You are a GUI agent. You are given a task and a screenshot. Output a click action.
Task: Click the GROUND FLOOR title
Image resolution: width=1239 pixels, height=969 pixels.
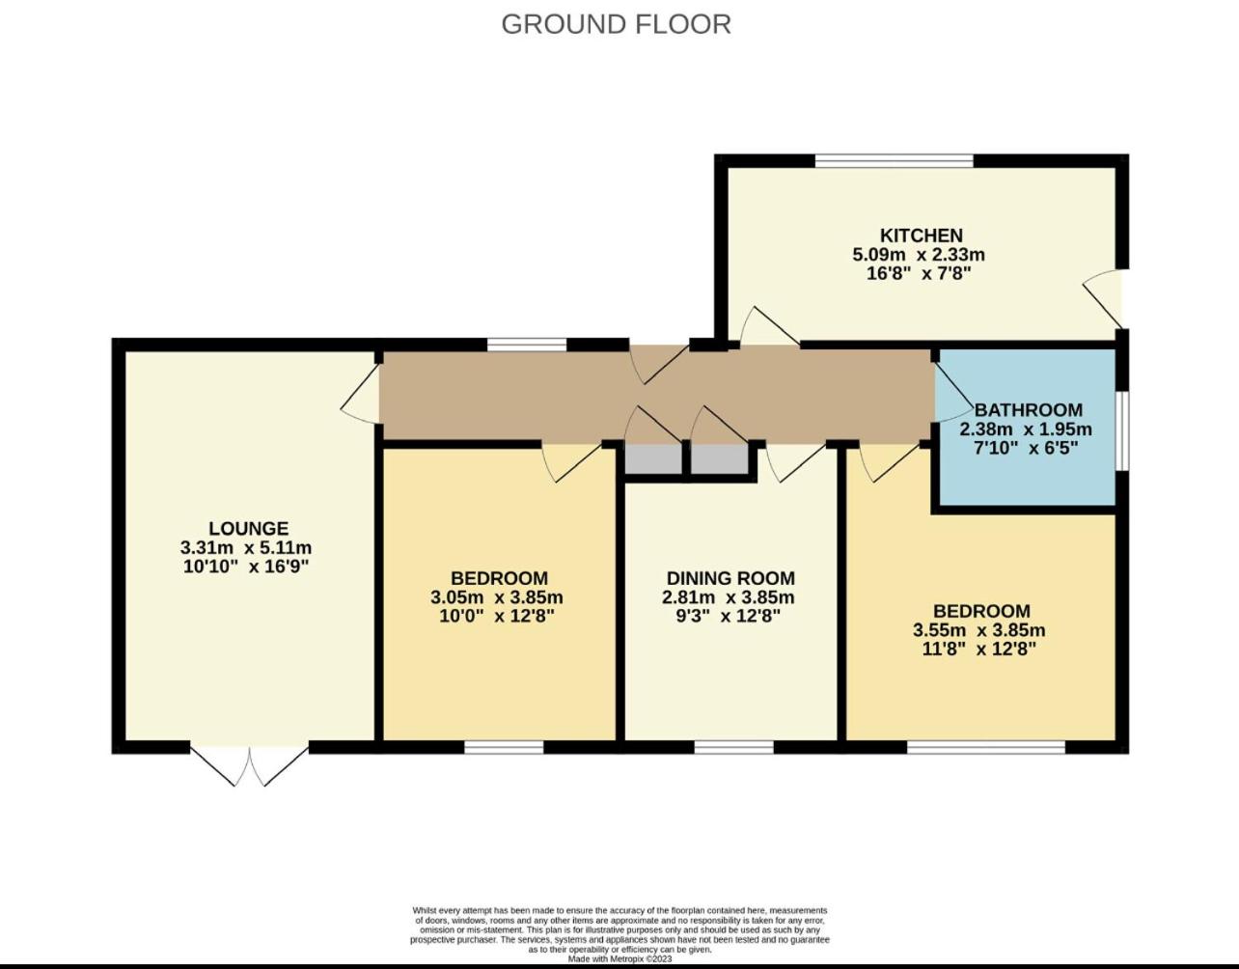[x=616, y=24]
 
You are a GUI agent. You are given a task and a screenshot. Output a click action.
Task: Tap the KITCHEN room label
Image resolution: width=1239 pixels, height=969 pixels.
[x=922, y=235]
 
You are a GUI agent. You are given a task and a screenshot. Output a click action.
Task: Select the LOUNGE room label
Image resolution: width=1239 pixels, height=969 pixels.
[x=249, y=528]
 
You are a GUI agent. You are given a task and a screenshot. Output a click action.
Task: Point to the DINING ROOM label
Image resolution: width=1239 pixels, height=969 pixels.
[x=730, y=578]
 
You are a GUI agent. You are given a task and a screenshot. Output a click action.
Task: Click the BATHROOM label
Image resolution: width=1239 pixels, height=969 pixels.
[x=1029, y=410]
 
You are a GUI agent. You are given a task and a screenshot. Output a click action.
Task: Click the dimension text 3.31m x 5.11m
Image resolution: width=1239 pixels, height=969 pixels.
[x=246, y=548]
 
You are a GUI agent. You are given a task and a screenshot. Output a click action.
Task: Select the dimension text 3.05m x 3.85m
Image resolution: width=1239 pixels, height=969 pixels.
[x=497, y=597]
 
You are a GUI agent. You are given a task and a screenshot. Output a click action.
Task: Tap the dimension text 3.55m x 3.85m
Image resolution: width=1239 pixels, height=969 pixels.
[x=979, y=630]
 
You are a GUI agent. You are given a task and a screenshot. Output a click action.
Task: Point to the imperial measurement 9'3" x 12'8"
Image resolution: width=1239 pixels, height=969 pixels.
[x=728, y=616]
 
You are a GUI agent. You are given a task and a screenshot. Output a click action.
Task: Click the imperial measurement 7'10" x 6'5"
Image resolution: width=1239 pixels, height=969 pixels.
[x=1026, y=448]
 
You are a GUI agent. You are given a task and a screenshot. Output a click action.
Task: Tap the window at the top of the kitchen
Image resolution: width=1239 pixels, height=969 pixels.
[x=895, y=161]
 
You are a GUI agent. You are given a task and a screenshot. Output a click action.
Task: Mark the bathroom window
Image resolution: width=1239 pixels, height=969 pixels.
[x=1121, y=430]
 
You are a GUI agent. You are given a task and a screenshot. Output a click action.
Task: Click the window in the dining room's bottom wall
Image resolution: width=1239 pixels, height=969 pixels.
[x=733, y=747]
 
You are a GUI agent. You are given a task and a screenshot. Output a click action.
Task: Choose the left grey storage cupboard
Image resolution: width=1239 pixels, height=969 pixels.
[x=653, y=459]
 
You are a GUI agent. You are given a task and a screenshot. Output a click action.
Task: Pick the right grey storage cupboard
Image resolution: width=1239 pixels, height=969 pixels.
[x=720, y=459]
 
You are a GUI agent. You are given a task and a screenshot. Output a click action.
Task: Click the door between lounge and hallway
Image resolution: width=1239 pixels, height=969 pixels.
[x=361, y=394]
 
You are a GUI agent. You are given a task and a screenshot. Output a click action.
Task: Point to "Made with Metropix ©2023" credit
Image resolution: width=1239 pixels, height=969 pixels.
[x=619, y=959]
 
